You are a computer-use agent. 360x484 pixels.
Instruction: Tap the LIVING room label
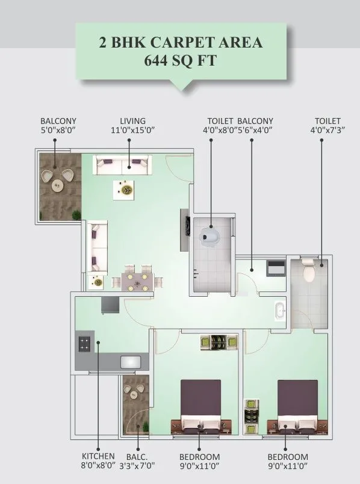click(132, 121)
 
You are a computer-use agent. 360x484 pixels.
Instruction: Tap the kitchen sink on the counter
click(131, 362)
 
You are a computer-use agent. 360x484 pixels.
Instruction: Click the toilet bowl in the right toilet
click(309, 272)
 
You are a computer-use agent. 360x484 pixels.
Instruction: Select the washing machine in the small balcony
click(276, 267)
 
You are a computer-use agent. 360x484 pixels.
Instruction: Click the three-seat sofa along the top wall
click(123, 164)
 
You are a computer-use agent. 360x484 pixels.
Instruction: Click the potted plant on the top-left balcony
click(76, 214)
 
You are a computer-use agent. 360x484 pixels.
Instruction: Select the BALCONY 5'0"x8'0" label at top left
click(58, 125)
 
